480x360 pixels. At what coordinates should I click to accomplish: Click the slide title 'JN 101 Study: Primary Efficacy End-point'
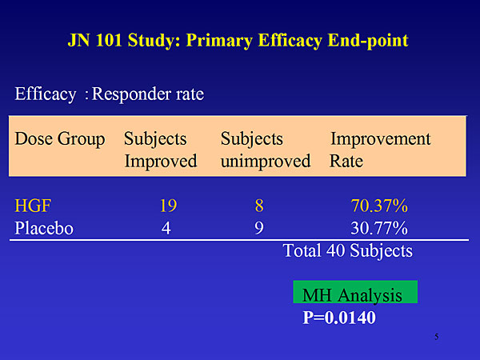tap(238, 41)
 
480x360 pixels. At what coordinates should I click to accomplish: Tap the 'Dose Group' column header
tap(60, 139)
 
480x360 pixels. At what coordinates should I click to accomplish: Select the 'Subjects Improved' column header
tap(161, 150)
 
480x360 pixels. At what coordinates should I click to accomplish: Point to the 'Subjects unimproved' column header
tap(266, 150)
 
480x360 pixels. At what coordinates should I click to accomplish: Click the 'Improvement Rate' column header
tap(380, 150)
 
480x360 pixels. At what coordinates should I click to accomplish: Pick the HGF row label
tap(33, 206)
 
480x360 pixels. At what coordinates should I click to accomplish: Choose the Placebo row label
tap(44, 228)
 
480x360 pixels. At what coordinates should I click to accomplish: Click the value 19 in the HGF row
tap(168, 206)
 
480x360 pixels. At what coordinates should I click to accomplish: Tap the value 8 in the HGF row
tap(259, 206)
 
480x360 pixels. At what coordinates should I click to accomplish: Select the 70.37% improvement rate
tap(379, 206)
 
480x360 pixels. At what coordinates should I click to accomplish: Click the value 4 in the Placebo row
tap(166, 228)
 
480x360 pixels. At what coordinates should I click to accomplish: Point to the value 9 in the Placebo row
tap(259, 228)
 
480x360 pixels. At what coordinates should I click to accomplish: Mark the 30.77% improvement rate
tap(379, 228)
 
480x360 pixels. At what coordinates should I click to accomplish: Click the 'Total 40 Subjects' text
tap(348, 251)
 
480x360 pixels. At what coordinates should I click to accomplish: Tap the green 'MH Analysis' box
tap(355, 292)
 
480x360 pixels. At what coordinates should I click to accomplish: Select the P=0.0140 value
tap(339, 318)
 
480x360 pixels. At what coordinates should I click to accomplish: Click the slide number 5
tap(437, 337)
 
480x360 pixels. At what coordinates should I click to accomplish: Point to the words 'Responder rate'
tap(148, 94)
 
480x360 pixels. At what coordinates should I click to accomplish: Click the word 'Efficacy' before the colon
tap(46, 94)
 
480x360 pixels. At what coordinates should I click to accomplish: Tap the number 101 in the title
tap(109, 41)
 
